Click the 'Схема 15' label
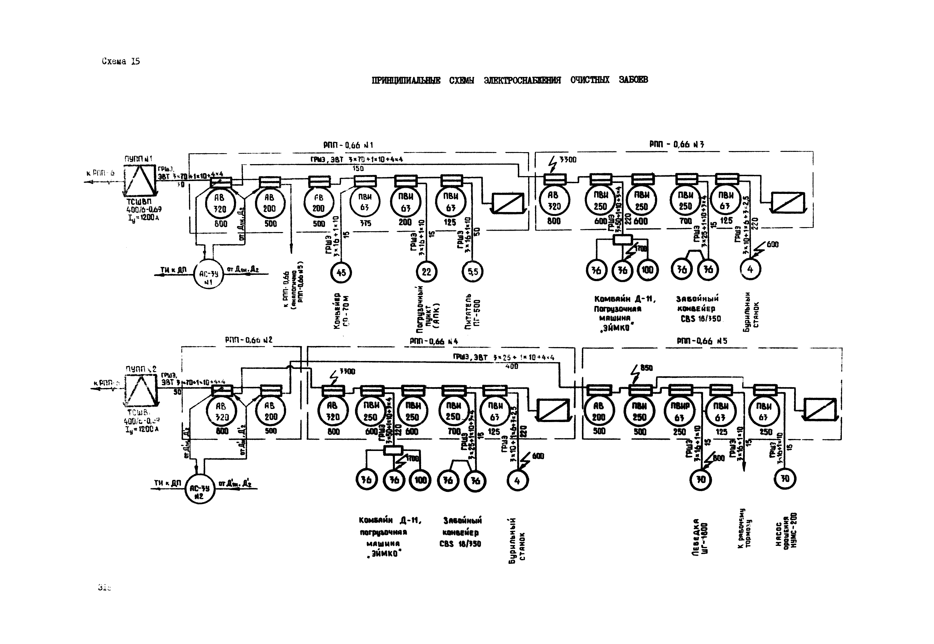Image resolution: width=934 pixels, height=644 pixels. click(121, 62)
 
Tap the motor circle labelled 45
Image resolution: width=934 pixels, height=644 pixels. click(341, 272)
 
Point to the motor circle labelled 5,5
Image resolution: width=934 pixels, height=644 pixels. click(472, 272)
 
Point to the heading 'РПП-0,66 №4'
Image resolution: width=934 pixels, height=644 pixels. click(434, 341)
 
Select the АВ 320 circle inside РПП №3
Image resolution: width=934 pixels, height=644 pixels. click(554, 201)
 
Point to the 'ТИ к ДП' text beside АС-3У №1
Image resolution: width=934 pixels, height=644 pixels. click(173, 270)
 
